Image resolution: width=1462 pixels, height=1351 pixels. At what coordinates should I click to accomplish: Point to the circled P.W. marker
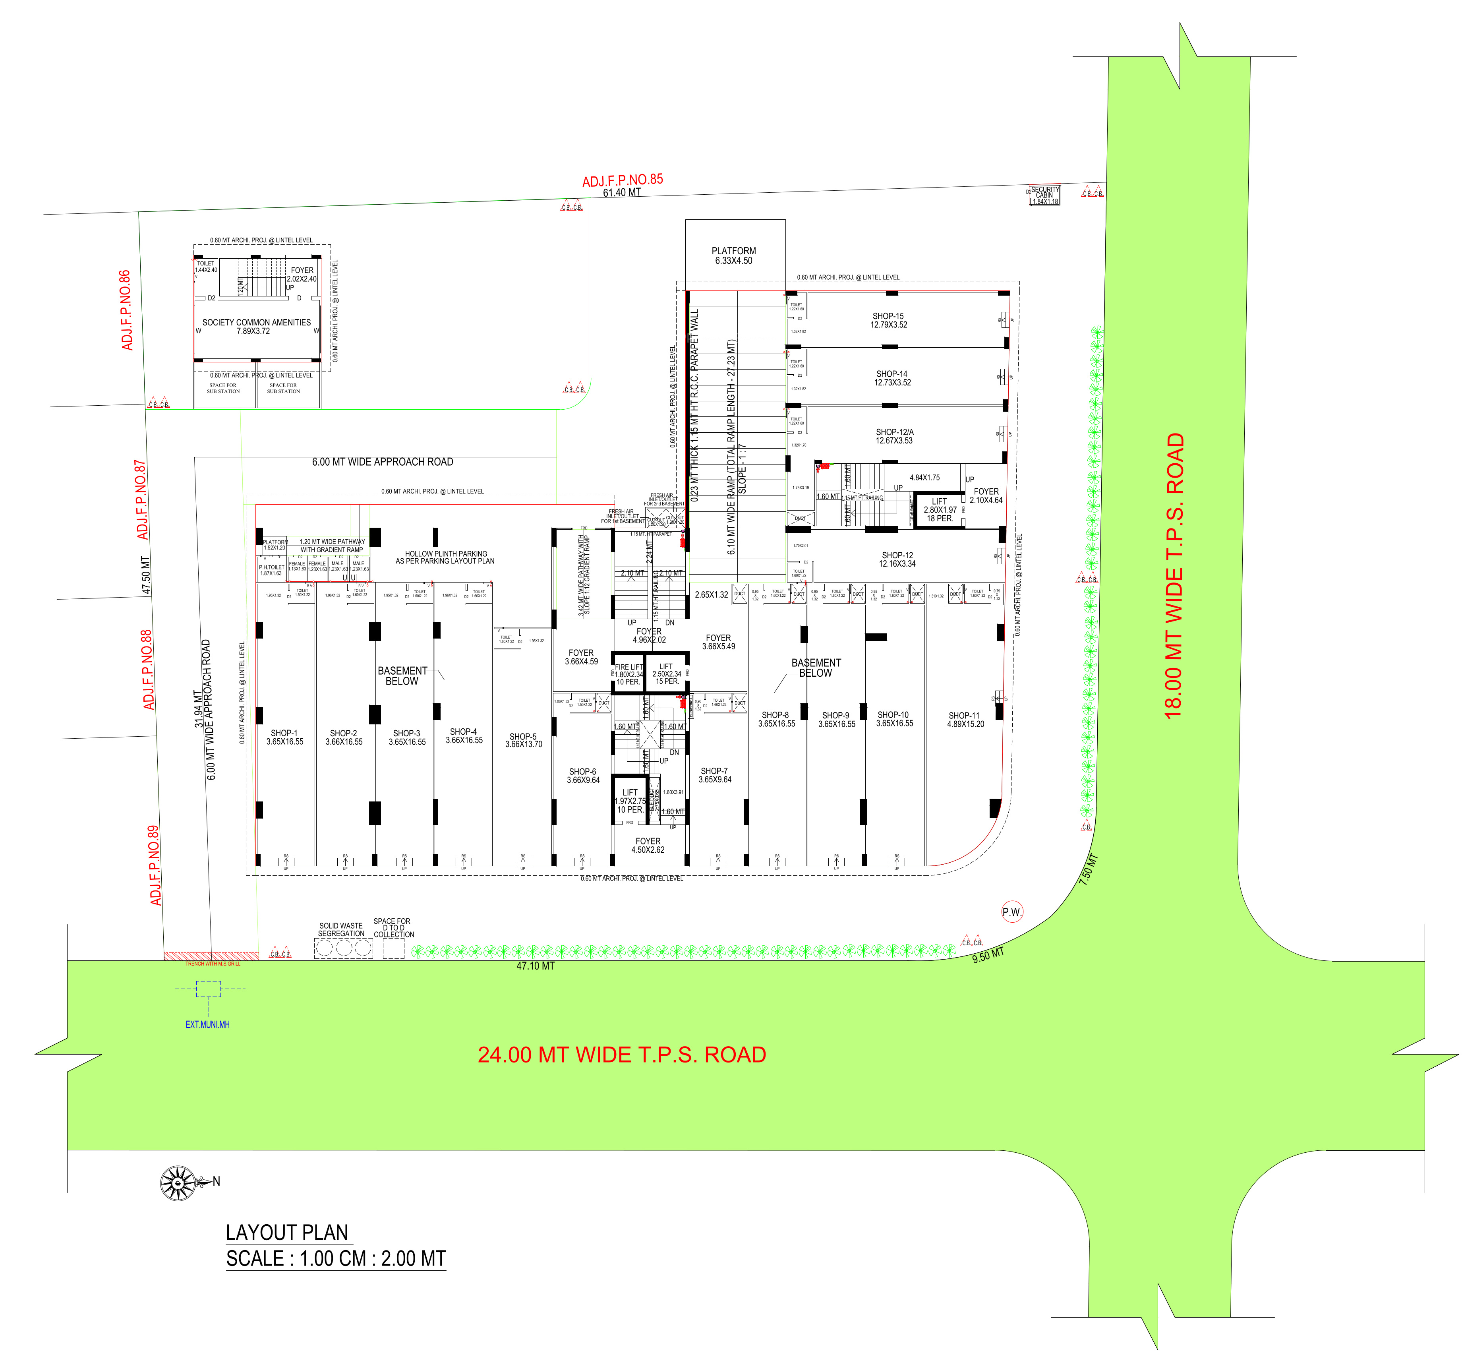coord(1012,912)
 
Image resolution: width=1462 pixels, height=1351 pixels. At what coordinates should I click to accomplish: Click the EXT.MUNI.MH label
coord(208,1024)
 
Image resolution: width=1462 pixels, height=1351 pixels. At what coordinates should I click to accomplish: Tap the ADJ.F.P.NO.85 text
coord(622,180)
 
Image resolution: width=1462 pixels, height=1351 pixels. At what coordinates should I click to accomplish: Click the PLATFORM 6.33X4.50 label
coord(734,255)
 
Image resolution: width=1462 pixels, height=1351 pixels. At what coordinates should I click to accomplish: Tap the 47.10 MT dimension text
coord(535,966)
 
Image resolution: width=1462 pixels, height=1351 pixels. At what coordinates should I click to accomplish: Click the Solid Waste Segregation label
coord(340,929)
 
